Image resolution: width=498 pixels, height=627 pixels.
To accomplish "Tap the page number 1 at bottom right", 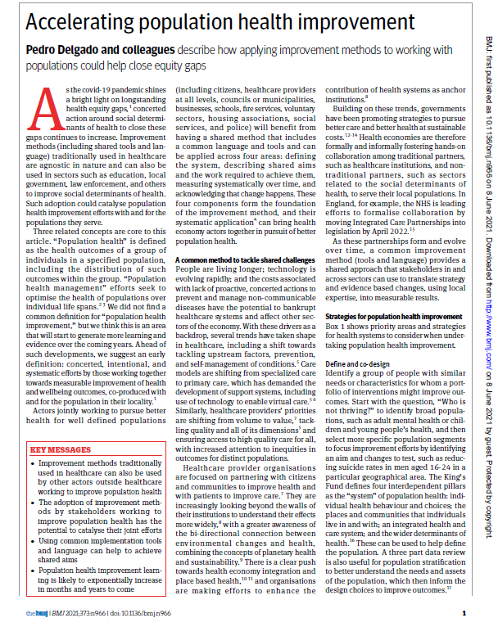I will (464, 613).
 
